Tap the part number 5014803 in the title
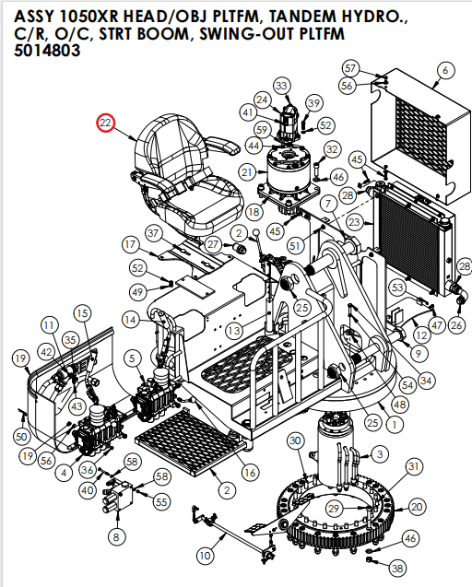pos(47,52)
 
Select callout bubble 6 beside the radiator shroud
pos(445,70)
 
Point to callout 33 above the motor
pos(281,86)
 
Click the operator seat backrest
pos(175,143)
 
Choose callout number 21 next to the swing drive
pos(246,172)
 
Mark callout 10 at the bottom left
pos(205,556)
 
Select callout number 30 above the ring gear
pos(295,442)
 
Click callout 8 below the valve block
pos(116,536)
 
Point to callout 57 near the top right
pos(349,68)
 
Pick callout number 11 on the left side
pos(49,325)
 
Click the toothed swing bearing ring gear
pos(341,534)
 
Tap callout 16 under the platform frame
pos(249,472)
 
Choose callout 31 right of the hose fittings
pos(414,467)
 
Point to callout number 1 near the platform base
pos(394,426)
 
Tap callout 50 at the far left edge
pos(22,435)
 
